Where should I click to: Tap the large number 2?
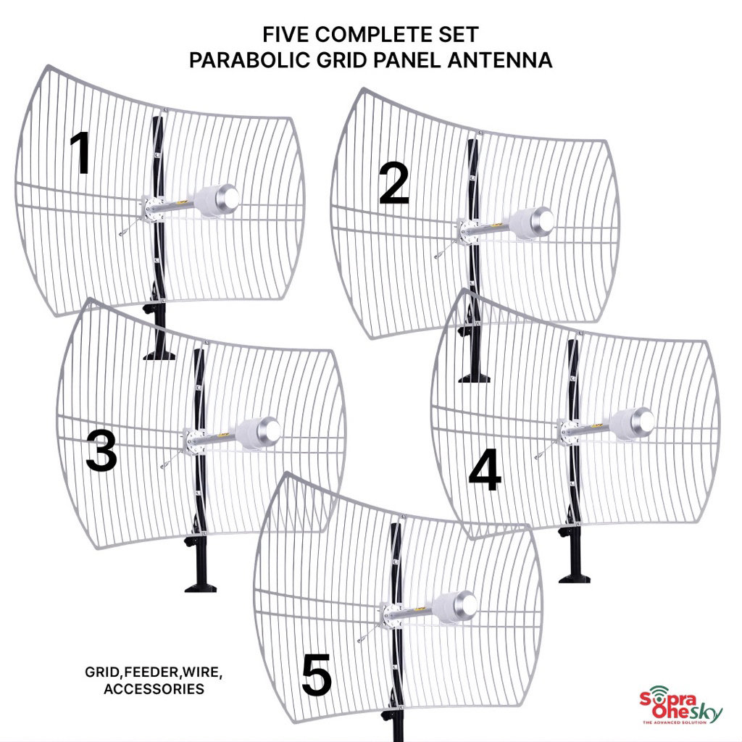394,184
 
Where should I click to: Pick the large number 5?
317,676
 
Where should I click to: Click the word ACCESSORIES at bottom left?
154,688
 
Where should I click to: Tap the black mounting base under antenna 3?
200,583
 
